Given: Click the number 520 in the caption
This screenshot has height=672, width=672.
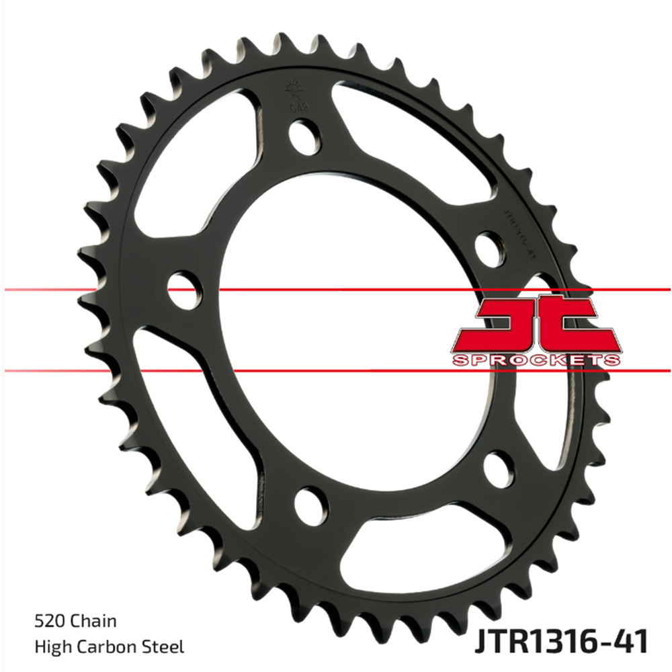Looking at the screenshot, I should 47,622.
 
